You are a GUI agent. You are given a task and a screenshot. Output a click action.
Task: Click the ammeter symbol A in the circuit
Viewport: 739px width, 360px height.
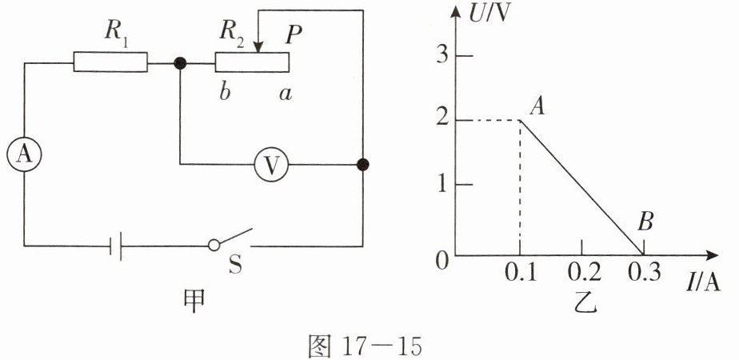(x=24, y=157)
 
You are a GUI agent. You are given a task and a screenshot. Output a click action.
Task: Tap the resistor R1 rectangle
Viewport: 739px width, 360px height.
(x=110, y=62)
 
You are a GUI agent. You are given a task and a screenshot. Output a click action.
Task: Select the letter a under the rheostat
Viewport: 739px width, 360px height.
(x=285, y=93)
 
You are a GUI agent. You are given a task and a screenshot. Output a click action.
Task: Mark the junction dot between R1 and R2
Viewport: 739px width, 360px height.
(x=180, y=62)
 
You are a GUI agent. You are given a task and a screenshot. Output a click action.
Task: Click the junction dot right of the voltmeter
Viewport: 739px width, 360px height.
(x=363, y=165)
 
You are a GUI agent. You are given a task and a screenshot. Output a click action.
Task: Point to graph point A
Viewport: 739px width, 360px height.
(x=521, y=120)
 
